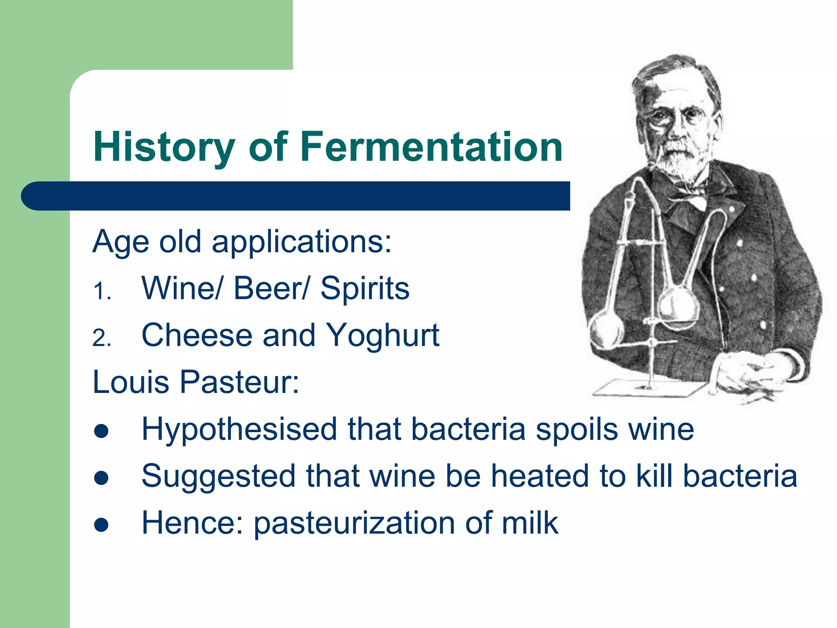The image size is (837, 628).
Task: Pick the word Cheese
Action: click(197, 335)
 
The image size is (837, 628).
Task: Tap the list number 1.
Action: click(101, 292)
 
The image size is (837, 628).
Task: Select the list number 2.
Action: click(101, 339)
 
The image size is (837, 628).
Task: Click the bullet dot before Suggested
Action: click(101, 478)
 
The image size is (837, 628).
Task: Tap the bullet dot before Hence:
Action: click(101, 525)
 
